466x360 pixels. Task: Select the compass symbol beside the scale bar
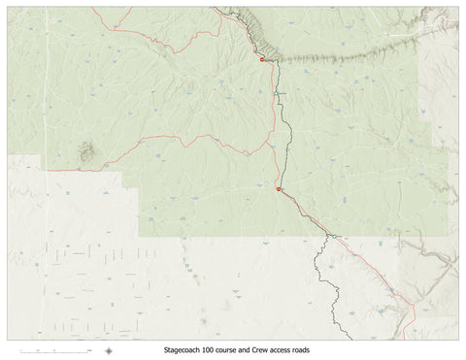click(x=109, y=350)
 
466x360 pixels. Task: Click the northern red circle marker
click(x=261, y=60)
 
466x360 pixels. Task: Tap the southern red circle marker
click(x=279, y=190)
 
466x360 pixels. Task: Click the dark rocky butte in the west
click(x=86, y=151)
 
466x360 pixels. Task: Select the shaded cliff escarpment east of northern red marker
click(x=349, y=54)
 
